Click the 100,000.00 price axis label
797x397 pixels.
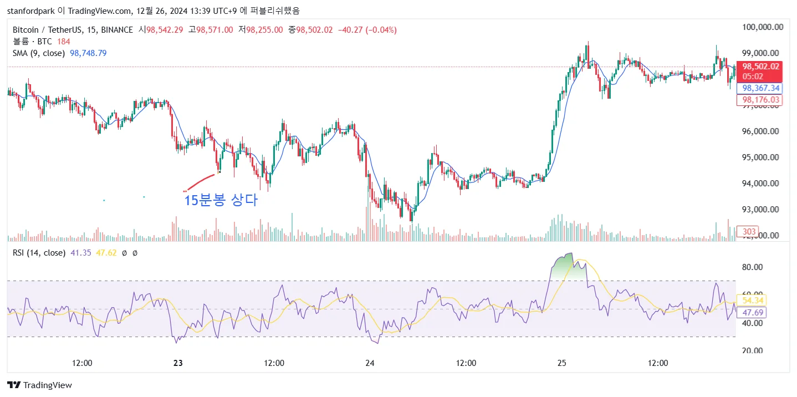coord(762,27)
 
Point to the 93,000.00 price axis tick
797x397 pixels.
coord(762,210)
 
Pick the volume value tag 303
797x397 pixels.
coord(749,232)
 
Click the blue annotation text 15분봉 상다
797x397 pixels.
coord(221,201)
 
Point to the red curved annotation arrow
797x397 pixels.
coord(201,182)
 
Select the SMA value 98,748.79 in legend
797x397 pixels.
coord(88,53)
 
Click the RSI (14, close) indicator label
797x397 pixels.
coord(39,253)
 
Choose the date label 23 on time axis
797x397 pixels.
coord(178,363)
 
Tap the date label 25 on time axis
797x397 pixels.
coord(562,363)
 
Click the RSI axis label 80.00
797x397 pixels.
coord(753,267)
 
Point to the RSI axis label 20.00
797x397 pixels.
coord(753,350)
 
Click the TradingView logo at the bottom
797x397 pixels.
coord(40,385)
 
